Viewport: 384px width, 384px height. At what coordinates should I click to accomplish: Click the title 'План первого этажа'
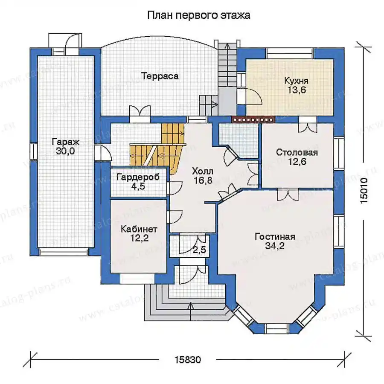pos(198,15)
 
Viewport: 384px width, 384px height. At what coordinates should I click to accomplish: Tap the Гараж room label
pos(65,142)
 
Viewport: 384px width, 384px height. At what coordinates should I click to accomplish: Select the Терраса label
pos(160,76)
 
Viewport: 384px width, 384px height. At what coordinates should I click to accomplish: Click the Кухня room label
pos(297,81)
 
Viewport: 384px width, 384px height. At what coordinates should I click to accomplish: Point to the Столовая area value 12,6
pos(297,162)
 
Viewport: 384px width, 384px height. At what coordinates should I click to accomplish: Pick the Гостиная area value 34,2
pos(275,246)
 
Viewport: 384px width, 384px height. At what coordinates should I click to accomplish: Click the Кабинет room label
pos(139,229)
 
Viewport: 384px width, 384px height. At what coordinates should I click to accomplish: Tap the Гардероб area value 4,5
pos(138,186)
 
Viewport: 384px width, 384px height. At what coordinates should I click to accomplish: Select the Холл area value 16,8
pos(203,180)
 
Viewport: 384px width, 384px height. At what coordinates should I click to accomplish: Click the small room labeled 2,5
pos(199,250)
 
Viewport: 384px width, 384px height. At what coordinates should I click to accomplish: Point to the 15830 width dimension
pos(188,360)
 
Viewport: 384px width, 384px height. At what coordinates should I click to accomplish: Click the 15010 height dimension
pos(364,190)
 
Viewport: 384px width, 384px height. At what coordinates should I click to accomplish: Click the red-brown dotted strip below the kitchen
pos(253,119)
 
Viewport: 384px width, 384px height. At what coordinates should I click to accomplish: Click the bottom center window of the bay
pos(276,328)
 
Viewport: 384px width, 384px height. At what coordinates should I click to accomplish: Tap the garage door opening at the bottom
pos(65,252)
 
